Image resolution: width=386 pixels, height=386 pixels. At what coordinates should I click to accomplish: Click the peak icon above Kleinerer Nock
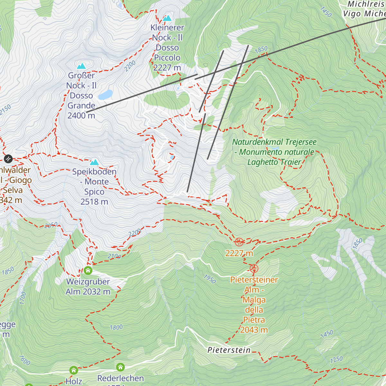pos(167,18)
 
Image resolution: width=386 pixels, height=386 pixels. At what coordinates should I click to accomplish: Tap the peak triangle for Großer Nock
pos(81,66)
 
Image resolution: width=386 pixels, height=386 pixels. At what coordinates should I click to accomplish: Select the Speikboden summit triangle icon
pos(94,162)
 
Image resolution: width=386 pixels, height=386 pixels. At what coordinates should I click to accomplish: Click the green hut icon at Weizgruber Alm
pos(88,271)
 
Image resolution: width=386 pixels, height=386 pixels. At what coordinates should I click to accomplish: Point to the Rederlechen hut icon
pos(120,367)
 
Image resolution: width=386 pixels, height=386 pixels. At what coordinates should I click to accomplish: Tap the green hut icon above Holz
pos(74,370)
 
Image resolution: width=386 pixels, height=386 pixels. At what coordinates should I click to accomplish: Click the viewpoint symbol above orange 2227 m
pos(239,242)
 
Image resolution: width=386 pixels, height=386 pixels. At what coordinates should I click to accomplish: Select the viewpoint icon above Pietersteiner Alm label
pos(254,268)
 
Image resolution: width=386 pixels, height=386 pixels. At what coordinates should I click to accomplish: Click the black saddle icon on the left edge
pos(8,159)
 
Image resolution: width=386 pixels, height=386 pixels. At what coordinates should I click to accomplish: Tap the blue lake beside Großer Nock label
pos(106,95)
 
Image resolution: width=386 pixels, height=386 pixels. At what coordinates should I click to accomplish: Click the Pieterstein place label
pos(229,350)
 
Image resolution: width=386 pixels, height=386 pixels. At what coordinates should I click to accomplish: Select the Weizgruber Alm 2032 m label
pos(88,287)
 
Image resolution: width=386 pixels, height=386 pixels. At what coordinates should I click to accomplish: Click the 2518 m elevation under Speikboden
pos(94,202)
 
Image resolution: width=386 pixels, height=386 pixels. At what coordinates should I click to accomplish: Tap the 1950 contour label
pos(210,279)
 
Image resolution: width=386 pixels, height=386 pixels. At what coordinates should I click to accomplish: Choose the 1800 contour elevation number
pos(116,327)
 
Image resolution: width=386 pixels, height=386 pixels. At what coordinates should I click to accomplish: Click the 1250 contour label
pos(336,360)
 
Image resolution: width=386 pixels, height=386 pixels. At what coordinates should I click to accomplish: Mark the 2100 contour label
pos(114,256)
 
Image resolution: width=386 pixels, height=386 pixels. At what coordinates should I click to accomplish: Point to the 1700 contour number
pos(23,298)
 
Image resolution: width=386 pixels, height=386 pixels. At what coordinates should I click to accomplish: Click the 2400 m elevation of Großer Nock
pos(81,115)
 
